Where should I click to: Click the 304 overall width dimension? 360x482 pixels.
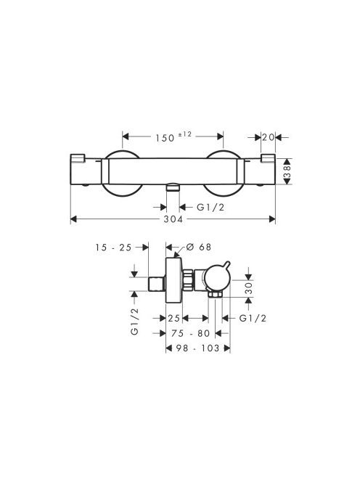[x=173, y=219]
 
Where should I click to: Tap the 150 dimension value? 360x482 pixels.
[x=165, y=138]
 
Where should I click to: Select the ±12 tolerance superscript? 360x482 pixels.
[x=184, y=134]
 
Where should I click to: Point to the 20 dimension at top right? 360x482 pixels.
[x=268, y=137]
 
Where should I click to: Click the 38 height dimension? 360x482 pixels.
[x=287, y=171]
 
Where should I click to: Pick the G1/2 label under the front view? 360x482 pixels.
[x=210, y=207]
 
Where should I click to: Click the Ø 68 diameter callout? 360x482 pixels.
[x=199, y=247]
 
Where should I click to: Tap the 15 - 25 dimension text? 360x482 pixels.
[x=113, y=247]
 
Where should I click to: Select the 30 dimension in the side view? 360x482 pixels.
[x=249, y=289]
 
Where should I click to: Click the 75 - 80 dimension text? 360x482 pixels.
[x=191, y=333]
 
